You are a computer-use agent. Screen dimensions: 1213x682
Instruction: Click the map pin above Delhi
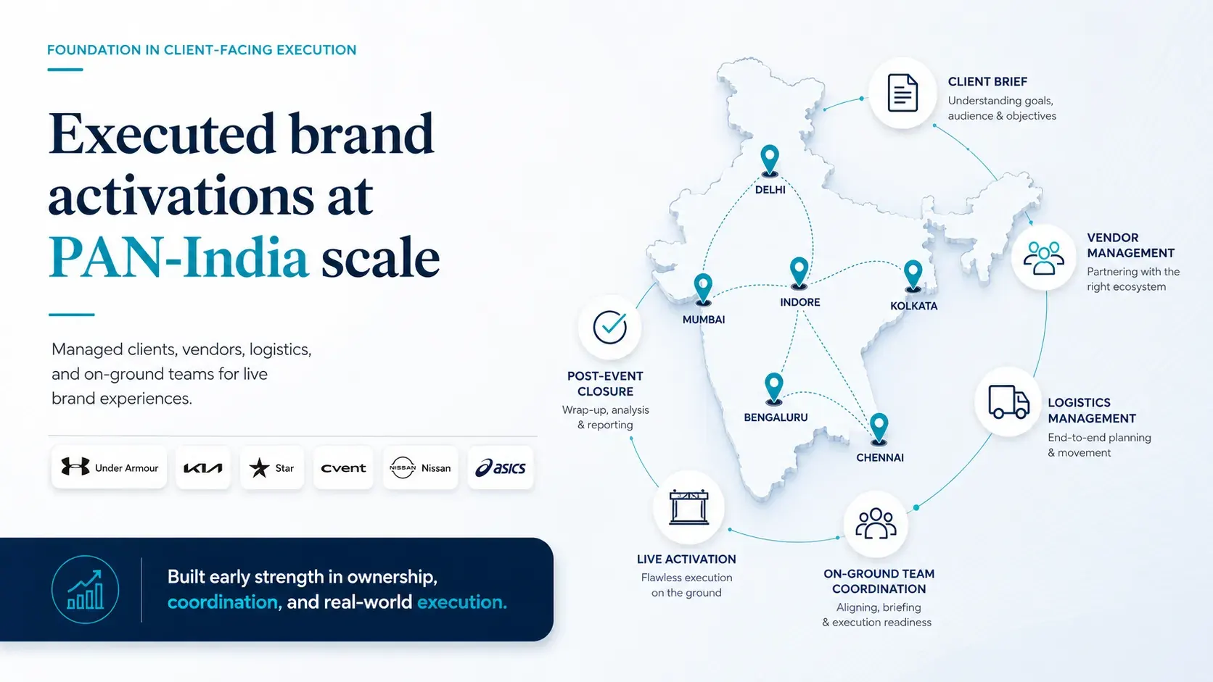point(770,161)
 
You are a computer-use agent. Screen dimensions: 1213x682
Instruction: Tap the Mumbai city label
point(704,320)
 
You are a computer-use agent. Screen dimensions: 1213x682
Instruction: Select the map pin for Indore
point(799,273)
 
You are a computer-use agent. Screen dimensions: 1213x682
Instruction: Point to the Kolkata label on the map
point(913,306)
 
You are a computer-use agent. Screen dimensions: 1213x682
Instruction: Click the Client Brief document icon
point(902,93)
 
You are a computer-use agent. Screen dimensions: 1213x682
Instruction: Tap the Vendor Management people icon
point(1043,258)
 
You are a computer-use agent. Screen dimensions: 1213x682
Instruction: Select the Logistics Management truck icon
point(1008,402)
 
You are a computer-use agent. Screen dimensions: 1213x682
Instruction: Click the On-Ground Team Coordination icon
point(876,523)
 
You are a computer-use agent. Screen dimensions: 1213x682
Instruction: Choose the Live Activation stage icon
point(688,507)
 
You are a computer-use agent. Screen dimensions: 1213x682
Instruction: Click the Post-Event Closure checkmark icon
point(609,327)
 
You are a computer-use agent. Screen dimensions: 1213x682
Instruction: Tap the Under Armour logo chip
point(110,467)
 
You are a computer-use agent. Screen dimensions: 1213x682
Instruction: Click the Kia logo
point(203,467)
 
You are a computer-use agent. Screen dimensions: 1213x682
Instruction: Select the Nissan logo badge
point(421,467)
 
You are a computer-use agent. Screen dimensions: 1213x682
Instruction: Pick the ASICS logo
point(501,467)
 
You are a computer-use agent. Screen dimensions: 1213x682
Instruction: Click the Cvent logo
point(343,467)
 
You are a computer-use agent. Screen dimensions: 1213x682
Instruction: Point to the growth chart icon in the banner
point(85,589)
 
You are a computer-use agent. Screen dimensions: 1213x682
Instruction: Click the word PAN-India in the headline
point(178,257)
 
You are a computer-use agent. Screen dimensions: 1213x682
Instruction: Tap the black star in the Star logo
point(260,467)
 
